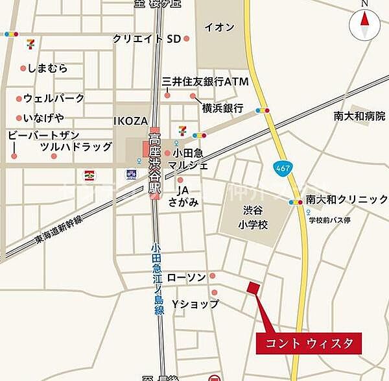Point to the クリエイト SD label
(146, 39)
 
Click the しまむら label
(49, 68)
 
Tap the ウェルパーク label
(54, 99)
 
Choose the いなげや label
(43, 117)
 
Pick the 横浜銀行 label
(222, 108)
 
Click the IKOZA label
(131, 121)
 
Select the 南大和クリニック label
(347, 199)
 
